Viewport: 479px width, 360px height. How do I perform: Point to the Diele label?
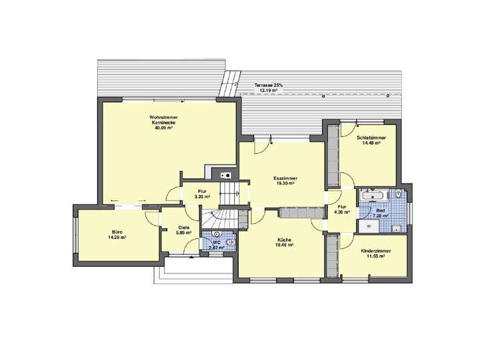tap(184, 228)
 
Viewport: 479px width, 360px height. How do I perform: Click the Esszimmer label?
tap(285, 178)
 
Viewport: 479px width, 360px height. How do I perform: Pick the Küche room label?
tap(285, 240)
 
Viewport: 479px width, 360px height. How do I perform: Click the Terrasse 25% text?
tap(269, 86)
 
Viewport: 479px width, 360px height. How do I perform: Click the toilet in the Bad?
tap(397, 194)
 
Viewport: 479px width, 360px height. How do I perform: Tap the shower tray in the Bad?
tap(369, 226)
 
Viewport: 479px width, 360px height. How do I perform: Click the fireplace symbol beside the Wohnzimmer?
tap(226, 174)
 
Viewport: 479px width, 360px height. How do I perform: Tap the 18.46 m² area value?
tap(285, 246)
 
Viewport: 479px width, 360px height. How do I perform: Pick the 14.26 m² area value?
tap(117, 238)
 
